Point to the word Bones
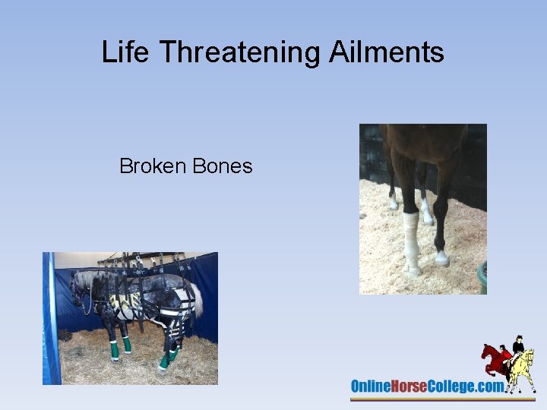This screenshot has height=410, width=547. click(x=222, y=166)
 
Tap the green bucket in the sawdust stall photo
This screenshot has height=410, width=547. click(x=482, y=277)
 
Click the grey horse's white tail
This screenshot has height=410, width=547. click(x=198, y=300)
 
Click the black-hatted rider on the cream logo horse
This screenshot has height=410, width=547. click(x=519, y=345)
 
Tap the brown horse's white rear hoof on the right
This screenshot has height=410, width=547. click(x=442, y=259)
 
